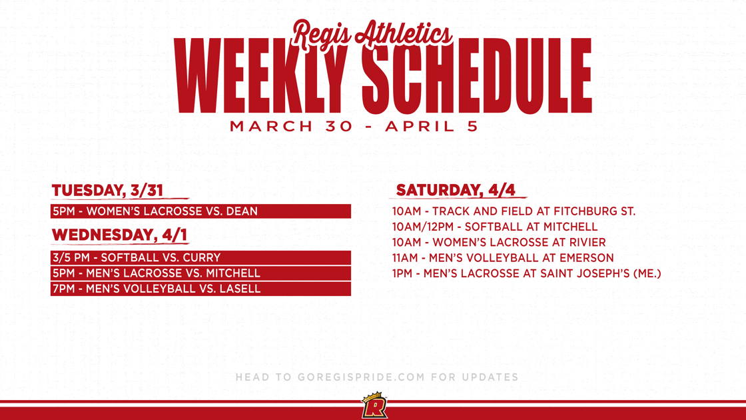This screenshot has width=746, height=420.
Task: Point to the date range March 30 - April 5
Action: tap(354, 127)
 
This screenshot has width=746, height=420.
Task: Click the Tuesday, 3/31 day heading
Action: tap(107, 190)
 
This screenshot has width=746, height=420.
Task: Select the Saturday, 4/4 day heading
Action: tap(456, 190)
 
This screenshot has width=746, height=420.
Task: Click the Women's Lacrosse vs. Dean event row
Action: tap(200, 211)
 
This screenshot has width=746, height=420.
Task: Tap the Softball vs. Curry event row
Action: tap(200, 257)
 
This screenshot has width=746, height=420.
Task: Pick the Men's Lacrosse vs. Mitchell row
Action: tap(200, 273)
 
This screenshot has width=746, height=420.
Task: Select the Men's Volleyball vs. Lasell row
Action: tap(200, 289)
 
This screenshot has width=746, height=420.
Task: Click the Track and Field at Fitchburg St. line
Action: tap(514, 211)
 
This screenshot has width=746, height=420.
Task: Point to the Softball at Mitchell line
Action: tap(495, 227)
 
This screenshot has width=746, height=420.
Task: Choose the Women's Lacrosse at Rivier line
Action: tap(499, 243)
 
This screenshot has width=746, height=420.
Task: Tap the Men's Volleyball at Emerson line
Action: tap(503, 258)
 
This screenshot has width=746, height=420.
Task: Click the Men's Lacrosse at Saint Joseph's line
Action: tap(526, 273)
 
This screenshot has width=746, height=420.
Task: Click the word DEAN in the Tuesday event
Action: tap(242, 211)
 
